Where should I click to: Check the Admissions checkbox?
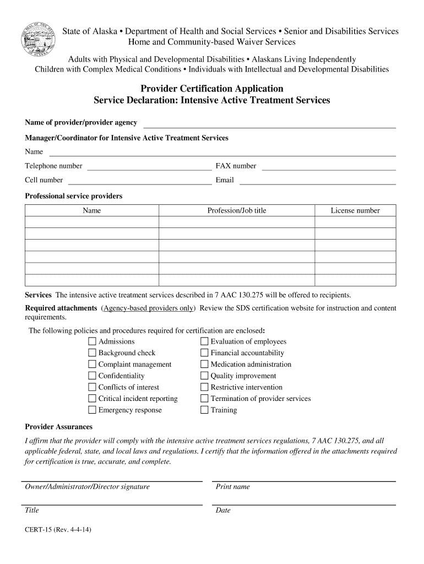click(93, 341)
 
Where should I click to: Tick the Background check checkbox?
click(93, 353)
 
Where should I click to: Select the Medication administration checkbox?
click(205, 365)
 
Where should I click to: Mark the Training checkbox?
click(205, 410)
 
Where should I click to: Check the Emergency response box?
click(93, 410)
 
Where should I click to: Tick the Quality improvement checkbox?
click(205, 376)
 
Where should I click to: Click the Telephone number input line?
click(149, 167)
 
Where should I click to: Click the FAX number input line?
click(328, 167)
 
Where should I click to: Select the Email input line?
click(317, 181)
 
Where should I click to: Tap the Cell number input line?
click(139, 181)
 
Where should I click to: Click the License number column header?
click(355, 210)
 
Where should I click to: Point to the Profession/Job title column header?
click(236, 210)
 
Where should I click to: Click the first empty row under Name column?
click(92, 222)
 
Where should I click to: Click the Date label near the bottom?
click(223, 511)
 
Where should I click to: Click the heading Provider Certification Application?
click(212, 89)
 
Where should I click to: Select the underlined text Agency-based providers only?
click(148, 308)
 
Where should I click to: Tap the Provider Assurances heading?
click(59, 427)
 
